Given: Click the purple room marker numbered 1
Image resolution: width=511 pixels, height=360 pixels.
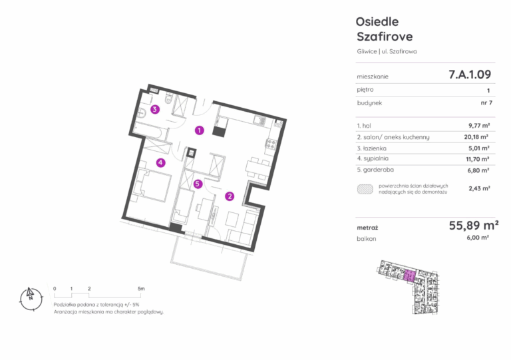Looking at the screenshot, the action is point(200,130).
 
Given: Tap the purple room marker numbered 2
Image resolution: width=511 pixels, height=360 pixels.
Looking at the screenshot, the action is point(230,196).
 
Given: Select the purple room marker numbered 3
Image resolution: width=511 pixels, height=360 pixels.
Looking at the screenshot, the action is point(155,109).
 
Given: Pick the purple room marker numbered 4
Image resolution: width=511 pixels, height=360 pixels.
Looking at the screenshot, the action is point(160,162).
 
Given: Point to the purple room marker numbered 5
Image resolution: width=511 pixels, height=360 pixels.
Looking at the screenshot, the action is point(197,184).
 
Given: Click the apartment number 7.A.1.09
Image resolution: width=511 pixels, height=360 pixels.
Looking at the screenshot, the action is point(470,75).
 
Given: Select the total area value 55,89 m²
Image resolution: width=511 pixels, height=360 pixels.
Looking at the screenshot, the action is point(474,225).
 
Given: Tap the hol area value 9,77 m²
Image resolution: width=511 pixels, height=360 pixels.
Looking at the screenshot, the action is point(479,125).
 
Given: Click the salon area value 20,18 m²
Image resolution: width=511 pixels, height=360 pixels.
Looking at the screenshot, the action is point(476,137).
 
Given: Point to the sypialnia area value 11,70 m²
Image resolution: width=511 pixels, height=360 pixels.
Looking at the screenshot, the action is point(478,159).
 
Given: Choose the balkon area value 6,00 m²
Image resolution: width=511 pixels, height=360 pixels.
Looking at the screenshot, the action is point(478,238).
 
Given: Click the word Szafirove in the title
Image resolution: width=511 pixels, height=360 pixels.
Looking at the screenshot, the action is point(385,37).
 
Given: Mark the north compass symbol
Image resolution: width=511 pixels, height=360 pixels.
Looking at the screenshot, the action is point(31,298).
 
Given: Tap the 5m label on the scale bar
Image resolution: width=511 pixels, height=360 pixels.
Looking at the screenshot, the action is point(141,288).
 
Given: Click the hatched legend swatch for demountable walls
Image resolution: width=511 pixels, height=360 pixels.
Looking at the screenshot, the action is point(365,189).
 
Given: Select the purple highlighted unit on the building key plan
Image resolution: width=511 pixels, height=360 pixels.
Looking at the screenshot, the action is point(410,276).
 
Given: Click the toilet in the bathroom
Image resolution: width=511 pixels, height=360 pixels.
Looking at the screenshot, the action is point(168,98).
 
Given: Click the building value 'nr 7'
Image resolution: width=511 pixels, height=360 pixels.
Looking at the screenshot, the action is point(486,103).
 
